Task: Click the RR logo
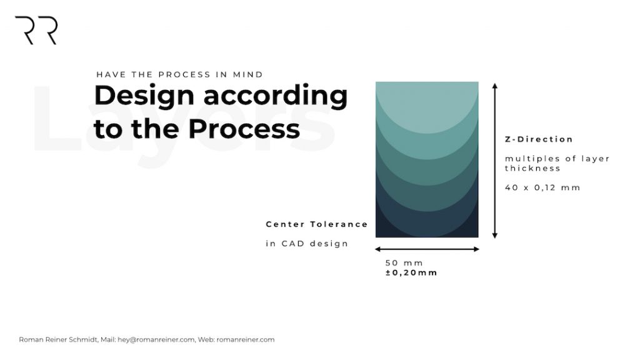pyautogui.click(x=36, y=30)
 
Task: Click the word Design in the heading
pyautogui.click(x=144, y=97)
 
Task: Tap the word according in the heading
pyautogui.click(x=276, y=97)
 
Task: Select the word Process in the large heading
pyautogui.click(x=244, y=129)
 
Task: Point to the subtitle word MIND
pyautogui.click(x=247, y=75)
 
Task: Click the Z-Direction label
pyautogui.click(x=539, y=139)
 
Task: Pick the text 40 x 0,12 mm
pyautogui.click(x=542, y=187)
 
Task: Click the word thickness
pyautogui.click(x=532, y=168)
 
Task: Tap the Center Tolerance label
pyautogui.click(x=317, y=224)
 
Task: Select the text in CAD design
pyautogui.click(x=307, y=244)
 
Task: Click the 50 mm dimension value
pyautogui.click(x=404, y=263)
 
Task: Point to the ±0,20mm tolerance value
pyautogui.click(x=411, y=272)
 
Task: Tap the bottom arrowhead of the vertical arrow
pyautogui.click(x=495, y=236)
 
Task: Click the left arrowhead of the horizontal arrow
pyautogui.click(x=377, y=249)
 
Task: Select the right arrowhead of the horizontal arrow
pyautogui.click(x=477, y=249)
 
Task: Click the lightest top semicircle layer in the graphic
pyautogui.click(x=427, y=106)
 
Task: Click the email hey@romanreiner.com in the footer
pyautogui.click(x=156, y=339)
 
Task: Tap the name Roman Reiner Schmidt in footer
pyautogui.click(x=58, y=339)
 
